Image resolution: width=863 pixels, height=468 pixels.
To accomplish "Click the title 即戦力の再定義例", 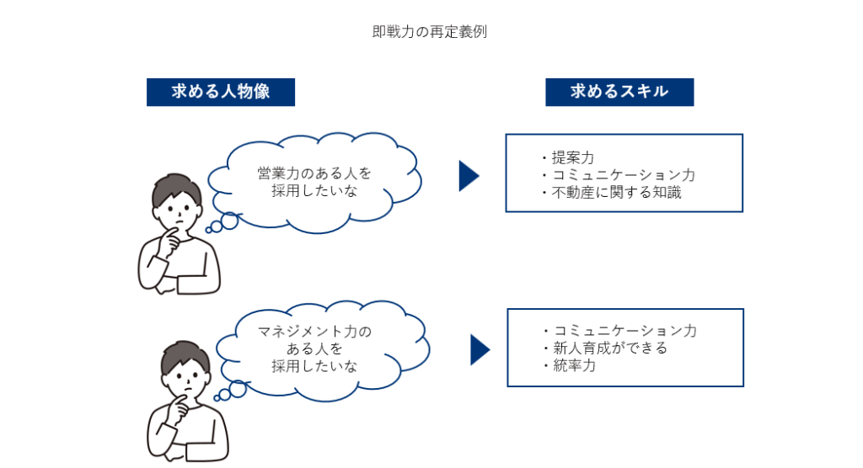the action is pyautogui.click(x=429, y=32).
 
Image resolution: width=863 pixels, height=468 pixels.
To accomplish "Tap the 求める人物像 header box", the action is pyautogui.click(x=221, y=92).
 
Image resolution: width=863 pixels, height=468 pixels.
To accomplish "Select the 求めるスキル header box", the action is pyautogui.click(x=619, y=92).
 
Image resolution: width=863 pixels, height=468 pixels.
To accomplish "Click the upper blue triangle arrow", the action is pyautogui.click(x=469, y=176).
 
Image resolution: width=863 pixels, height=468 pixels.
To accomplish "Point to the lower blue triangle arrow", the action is pyautogui.click(x=480, y=350).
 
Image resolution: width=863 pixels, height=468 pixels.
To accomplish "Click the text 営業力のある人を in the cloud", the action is pyautogui.click(x=314, y=173).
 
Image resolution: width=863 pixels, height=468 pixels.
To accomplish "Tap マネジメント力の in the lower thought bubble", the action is pyautogui.click(x=314, y=332).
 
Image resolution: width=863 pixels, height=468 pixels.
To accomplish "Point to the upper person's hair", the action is pyautogui.click(x=175, y=189).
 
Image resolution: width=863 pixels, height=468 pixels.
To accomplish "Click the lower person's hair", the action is pyautogui.click(x=185, y=356).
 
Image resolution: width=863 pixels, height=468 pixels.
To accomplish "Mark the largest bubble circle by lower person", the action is pyautogui.click(x=238, y=389).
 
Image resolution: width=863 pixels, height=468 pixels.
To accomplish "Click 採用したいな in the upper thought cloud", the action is pyautogui.click(x=314, y=191).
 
